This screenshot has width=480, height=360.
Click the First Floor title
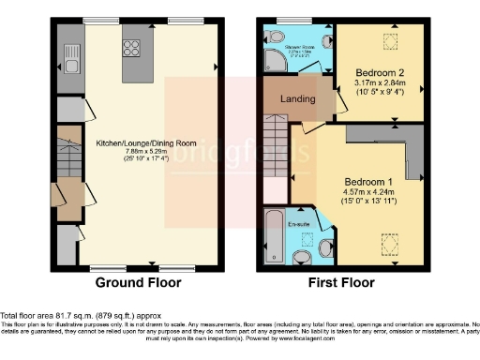(x=343, y=281)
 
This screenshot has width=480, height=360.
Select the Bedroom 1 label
(x=367, y=181)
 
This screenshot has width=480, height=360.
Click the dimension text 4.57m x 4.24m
(x=367, y=194)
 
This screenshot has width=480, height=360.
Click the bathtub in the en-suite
(x=273, y=237)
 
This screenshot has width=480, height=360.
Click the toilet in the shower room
(x=271, y=38)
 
